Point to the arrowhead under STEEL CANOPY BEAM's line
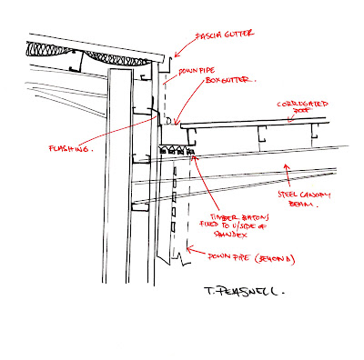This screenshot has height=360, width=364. [x=288, y=164]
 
